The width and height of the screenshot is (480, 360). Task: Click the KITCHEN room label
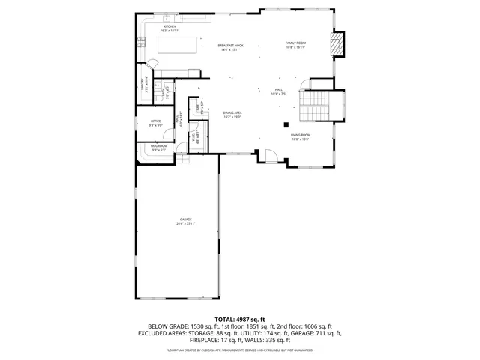(x=170, y=26)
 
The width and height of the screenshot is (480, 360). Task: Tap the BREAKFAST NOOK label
(x=231, y=46)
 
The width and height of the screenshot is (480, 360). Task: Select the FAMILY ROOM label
(x=295, y=43)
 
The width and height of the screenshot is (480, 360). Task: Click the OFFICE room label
(x=156, y=121)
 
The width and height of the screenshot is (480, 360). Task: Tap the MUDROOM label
(x=159, y=146)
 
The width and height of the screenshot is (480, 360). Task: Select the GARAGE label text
(x=185, y=219)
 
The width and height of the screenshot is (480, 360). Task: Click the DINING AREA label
(x=232, y=113)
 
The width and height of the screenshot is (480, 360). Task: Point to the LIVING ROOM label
(x=301, y=135)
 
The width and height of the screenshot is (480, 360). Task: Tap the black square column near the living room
(x=286, y=124)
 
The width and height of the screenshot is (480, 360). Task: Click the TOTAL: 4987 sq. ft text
(x=240, y=319)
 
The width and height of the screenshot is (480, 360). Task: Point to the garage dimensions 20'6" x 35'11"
(x=185, y=223)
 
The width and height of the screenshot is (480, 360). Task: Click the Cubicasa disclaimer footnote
(x=240, y=349)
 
